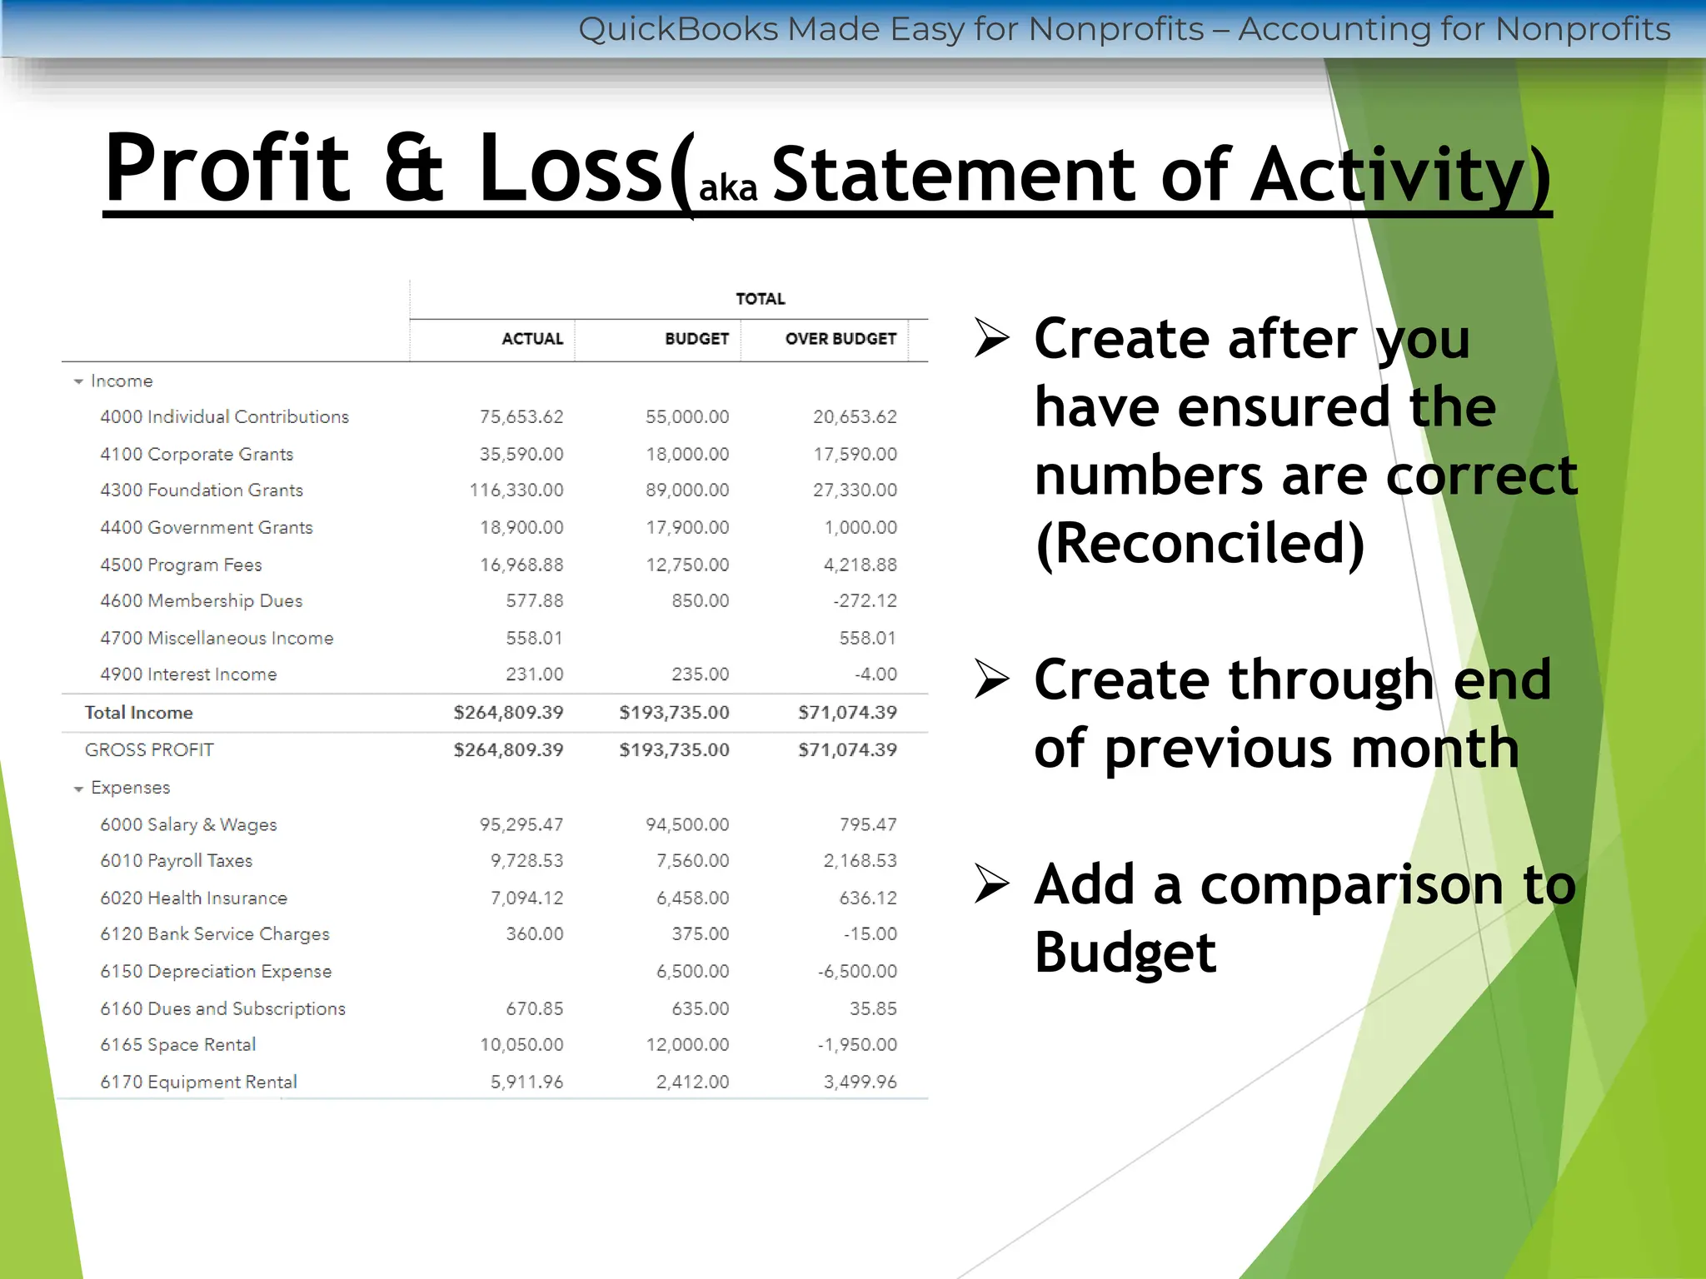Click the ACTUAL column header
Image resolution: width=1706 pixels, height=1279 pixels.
[x=531, y=339]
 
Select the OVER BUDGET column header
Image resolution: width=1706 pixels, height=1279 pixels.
[x=840, y=339]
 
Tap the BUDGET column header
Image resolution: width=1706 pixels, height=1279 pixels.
[x=696, y=339]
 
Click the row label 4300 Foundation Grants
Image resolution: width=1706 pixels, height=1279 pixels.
[x=202, y=490]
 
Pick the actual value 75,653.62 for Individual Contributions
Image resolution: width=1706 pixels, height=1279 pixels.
[x=521, y=417]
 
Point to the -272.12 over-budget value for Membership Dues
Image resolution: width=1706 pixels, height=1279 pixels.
[x=865, y=601]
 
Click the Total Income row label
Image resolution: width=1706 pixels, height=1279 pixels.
[x=138, y=713]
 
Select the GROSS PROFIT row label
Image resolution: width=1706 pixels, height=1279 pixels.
[x=149, y=750]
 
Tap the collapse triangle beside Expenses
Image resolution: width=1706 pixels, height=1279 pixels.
[x=78, y=789]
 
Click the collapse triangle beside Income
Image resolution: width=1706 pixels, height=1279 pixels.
[x=78, y=381]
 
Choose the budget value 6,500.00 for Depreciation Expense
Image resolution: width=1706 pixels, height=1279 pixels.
[x=692, y=972]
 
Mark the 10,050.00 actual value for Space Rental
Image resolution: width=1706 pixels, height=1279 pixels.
[x=521, y=1045]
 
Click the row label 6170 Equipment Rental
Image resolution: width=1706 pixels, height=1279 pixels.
[x=198, y=1082]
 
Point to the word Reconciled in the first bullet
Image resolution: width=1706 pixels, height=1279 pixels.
[x=1200, y=544]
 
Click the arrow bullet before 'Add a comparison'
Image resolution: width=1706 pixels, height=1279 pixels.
[x=991, y=883]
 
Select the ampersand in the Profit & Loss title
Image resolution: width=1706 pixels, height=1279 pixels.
[x=413, y=168]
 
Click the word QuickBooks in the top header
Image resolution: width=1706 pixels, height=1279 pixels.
[x=678, y=29]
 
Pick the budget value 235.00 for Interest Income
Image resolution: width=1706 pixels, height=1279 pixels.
[x=700, y=674]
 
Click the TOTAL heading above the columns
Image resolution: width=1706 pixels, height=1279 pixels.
[x=760, y=299]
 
